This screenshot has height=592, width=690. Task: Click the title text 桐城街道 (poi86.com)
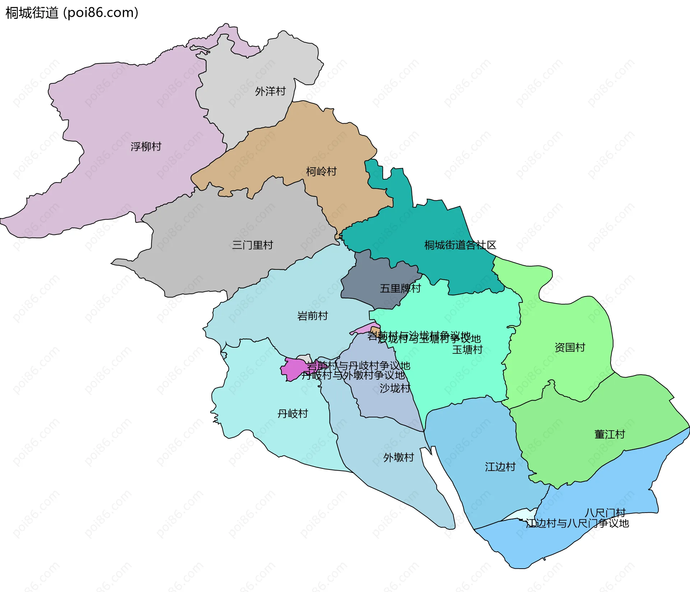click(x=72, y=13)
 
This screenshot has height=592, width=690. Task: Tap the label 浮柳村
click(x=146, y=147)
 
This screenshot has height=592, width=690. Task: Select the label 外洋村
click(x=270, y=91)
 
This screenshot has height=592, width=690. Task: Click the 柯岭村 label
click(x=321, y=171)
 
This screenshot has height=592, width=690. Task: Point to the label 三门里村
click(x=252, y=245)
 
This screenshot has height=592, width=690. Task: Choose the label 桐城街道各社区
click(x=460, y=245)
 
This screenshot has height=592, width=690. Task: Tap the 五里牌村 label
click(x=400, y=288)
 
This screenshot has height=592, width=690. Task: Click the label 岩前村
click(x=313, y=316)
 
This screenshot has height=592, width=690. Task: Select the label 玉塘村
click(x=467, y=350)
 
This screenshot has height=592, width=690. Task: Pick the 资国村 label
click(x=570, y=347)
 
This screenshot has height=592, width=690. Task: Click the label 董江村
click(x=609, y=434)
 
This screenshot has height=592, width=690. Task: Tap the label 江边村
click(x=500, y=467)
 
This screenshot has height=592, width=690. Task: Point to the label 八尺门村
click(x=605, y=513)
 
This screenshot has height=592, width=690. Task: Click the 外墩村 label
click(x=399, y=457)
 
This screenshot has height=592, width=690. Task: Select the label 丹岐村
click(x=293, y=413)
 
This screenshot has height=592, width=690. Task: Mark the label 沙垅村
click(x=395, y=388)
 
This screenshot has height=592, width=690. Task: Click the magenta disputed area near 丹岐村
click(x=293, y=369)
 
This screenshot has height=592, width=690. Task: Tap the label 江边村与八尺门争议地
click(x=577, y=523)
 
